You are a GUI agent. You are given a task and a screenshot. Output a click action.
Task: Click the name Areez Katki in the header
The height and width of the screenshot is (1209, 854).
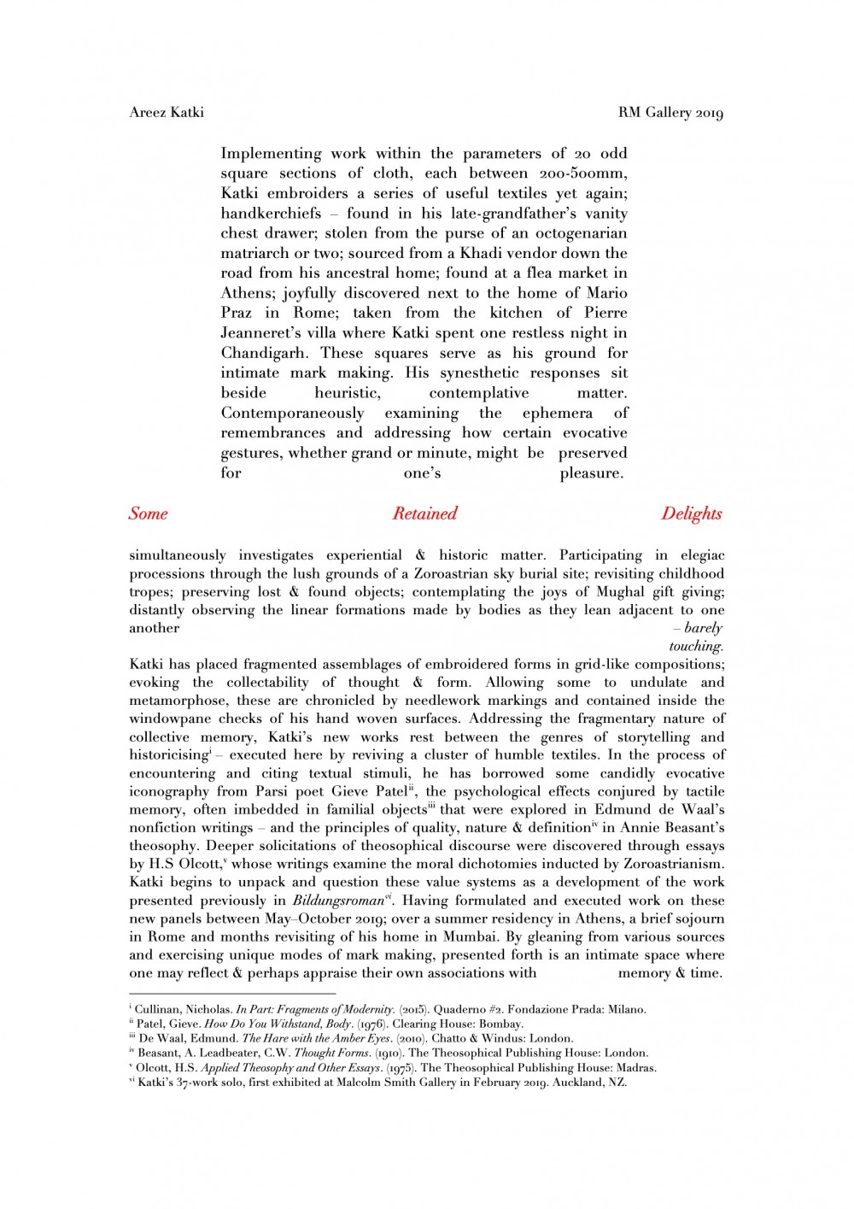pyautogui.click(x=167, y=112)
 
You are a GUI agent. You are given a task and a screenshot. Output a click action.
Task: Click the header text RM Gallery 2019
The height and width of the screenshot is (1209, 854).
pyautogui.click(x=670, y=113)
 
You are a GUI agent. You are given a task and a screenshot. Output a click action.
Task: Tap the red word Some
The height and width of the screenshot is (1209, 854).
pyautogui.click(x=148, y=514)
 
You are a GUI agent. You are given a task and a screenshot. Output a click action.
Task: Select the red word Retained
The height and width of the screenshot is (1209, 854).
pyautogui.click(x=424, y=514)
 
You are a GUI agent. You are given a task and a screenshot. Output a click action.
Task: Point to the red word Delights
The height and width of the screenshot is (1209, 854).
pyautogui.click(x=691, y=514)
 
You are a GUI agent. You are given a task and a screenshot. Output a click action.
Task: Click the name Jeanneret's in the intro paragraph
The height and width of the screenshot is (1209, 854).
pyautogui.click(x=265, y=333)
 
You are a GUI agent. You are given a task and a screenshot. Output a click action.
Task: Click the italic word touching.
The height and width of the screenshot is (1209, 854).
pyautogui.click(x=696, y=646)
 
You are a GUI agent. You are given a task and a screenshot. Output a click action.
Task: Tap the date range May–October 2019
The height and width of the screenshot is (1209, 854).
pyautogui.click(x=338, y=918)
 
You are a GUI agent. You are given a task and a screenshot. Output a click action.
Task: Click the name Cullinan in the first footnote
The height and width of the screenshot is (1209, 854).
pyautogui.click(x=157, y=1009)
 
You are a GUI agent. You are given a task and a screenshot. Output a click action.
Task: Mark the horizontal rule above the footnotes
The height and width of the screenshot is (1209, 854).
pyautogui.click(x=232, y=994)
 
